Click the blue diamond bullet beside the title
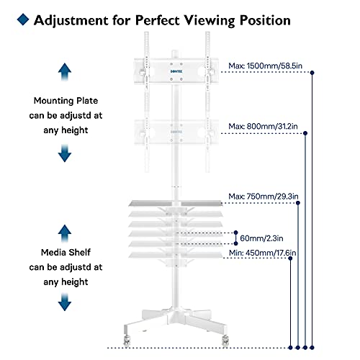coord(23,19)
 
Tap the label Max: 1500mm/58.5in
coord(265,66)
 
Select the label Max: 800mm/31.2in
coord(263,126)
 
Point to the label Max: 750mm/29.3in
coord(264,197)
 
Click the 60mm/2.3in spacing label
coord(261,238)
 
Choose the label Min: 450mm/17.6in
coord(263,253)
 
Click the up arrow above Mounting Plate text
coord(65,72)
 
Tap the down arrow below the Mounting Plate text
coord(65,153)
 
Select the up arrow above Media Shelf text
coord(65,233)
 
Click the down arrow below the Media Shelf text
coord(65,302)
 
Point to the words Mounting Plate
coord(66,101)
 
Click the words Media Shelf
coord(66,253)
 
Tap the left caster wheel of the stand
coord(127,341)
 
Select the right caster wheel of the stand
coord(225,341)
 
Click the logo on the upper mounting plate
coord(176,71)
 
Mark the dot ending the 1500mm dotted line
coord(312,73)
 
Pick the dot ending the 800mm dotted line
coord(305,133)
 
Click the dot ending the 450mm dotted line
coord(290,258)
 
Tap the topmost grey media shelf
coord(176,204)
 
